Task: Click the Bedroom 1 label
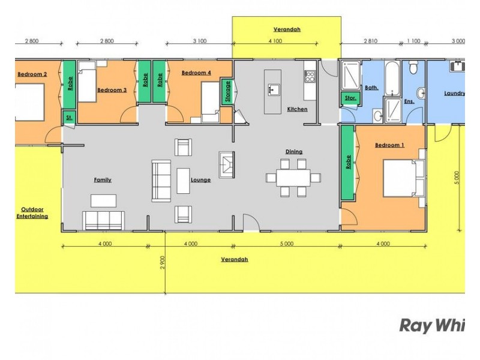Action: (389, 145)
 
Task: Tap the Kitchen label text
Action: (297, 109)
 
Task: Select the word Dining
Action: (294, 152)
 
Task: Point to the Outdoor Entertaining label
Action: (32, 213)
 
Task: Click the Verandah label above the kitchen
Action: (286, 29)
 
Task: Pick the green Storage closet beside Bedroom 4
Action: (227, 92)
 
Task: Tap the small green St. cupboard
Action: (69, 118)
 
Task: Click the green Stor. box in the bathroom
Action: (350, 98)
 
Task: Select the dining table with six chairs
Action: (293, 178)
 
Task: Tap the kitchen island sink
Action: (273, 90)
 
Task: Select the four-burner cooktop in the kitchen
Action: (310, 77)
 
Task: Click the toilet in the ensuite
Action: (422, 93)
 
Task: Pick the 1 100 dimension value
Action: (413, 41)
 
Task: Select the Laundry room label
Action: (454, 93)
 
